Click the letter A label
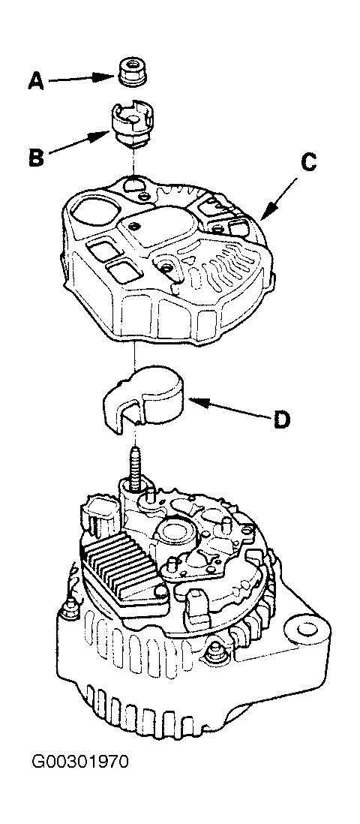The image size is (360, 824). pyautogui.click(x=36, y=81)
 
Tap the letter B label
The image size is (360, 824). pyautogui.click(x=36, y=157)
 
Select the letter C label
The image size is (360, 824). pyautogui.click(x=309, y=162)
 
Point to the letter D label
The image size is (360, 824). pyautogui.click(x=282, y=420)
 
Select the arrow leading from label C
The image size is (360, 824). pyautogui.click(x=279, y=198)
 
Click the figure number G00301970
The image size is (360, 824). pyautogui.click(x=80, y=762)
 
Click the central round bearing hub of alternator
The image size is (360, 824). pyautogui.click(x=177, y=532)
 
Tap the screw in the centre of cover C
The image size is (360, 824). pyautogui.click(x=167, y=268)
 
